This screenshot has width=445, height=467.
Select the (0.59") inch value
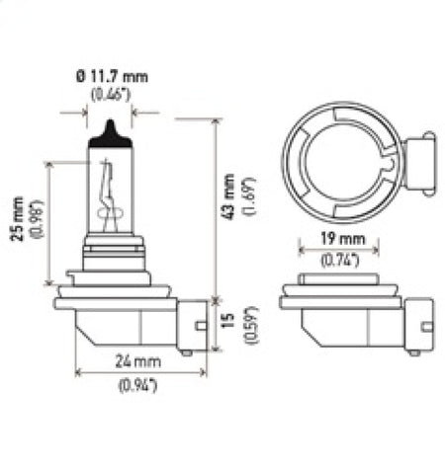pyautogui.click(x=251, y=322)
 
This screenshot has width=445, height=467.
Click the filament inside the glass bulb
pyautogui.click(x=111, y=197)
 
